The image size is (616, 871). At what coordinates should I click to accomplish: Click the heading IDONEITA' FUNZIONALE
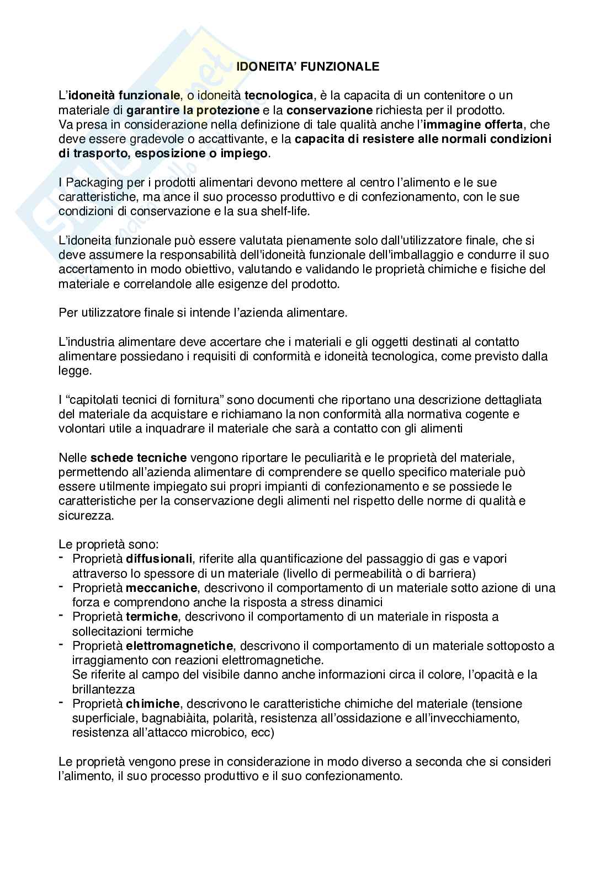[x=308, y=67]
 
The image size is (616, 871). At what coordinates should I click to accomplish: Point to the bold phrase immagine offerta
[x=472, y=124]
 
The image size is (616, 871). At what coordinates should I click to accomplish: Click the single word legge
[x=73, y=371]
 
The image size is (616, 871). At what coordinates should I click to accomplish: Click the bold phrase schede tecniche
[x=139, y=457]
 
